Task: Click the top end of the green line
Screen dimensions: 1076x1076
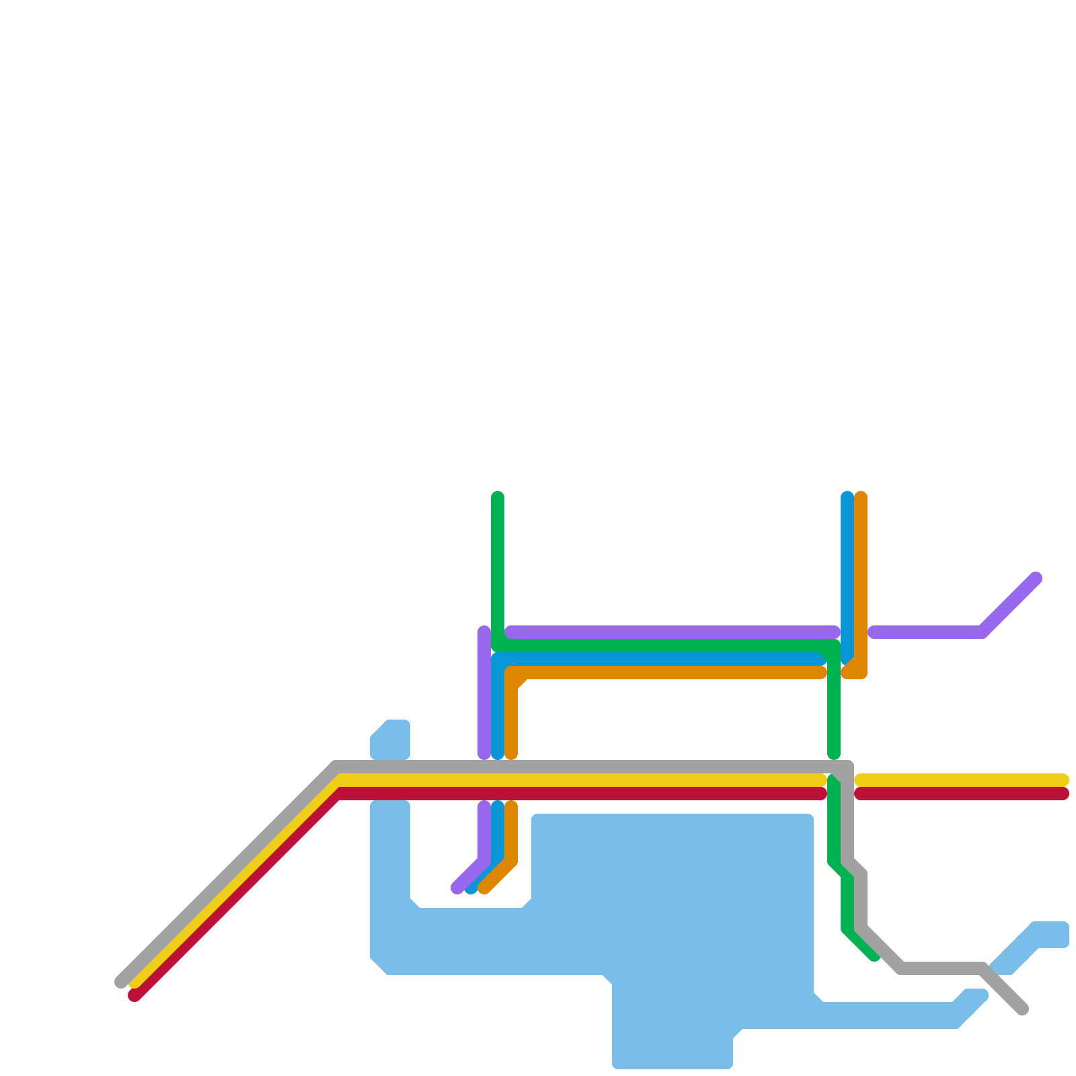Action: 498,498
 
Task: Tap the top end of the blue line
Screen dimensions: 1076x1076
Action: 847,498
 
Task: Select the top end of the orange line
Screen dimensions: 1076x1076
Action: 861,498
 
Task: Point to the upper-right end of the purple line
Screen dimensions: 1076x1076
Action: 1036,578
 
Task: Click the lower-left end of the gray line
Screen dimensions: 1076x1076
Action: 121,982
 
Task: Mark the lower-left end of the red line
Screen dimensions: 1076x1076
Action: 134,995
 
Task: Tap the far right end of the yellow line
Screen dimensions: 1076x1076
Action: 1063,780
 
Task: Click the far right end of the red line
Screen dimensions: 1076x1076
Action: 1063,794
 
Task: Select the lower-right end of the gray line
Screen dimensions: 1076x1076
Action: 1022,1009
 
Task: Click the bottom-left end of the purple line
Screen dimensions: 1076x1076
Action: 457,888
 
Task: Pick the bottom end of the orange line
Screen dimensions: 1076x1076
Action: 484,889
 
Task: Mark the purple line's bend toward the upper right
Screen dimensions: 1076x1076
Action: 982,632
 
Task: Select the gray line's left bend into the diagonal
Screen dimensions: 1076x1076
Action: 336,767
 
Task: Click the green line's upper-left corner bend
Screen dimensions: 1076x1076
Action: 498,646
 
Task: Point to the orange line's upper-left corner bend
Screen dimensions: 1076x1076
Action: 512,672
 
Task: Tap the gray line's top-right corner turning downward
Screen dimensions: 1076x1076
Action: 847,767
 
